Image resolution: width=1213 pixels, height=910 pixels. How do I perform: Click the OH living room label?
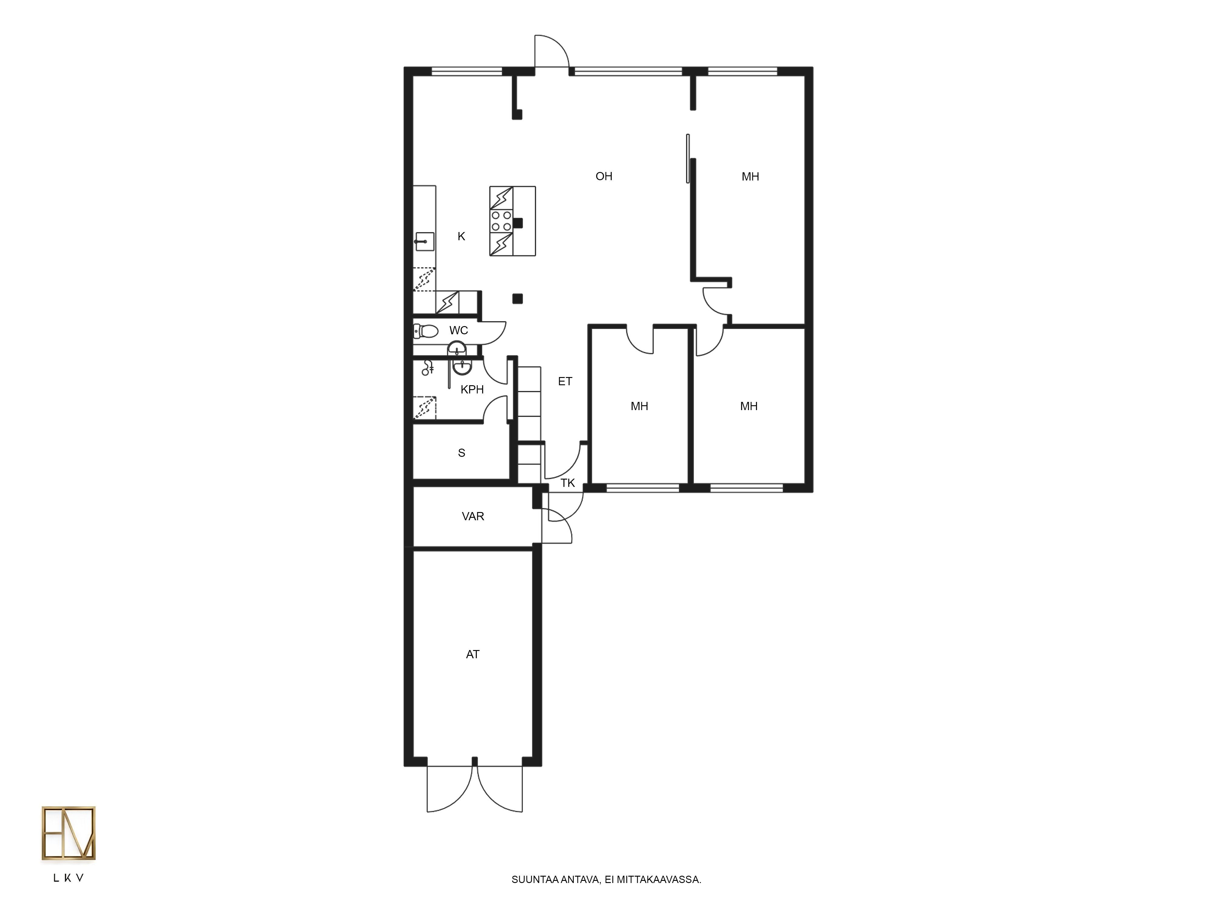pyautogui.click(x=604, y=176)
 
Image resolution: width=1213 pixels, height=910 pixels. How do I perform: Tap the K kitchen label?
pyautogui.click(x=461, y=236)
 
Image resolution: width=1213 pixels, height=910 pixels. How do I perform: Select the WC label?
pyautogui.click(x=459, y=330)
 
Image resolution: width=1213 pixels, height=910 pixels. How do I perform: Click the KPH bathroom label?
pyautogui.click(x=472, y=389)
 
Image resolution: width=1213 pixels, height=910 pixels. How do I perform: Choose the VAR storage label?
pyautogui.click(x=473, y=516)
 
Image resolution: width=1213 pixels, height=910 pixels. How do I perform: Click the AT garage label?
pyautogui.click(x=473, y=654)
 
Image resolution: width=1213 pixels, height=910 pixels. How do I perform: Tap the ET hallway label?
pyautogui.click(x=565, y=381)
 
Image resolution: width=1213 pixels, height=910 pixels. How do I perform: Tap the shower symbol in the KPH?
pyautogui.click(x=428, y=368)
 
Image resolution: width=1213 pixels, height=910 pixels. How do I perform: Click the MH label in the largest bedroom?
pyautogui.click(x=750, y=177)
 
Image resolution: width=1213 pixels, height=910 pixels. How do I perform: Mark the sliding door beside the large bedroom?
pyautogui.click(x=688, y=159)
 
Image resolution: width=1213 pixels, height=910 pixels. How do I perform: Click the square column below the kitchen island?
pyautogui.click(x=517, y=299)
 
